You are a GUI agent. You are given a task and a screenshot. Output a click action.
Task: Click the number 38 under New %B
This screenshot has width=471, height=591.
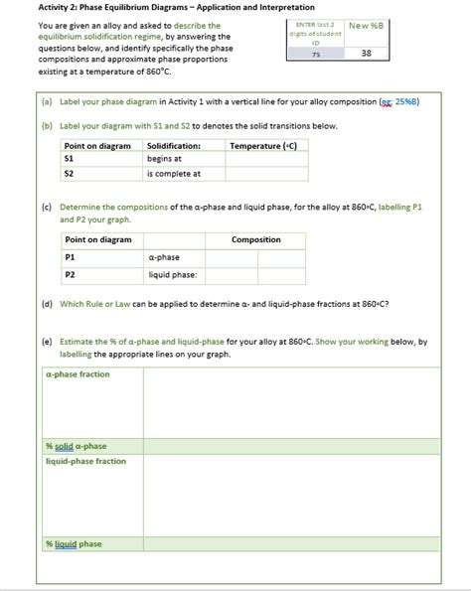367,55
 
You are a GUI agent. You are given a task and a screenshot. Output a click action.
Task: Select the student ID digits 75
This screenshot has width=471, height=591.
315,55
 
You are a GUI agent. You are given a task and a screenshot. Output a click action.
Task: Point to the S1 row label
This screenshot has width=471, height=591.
69,159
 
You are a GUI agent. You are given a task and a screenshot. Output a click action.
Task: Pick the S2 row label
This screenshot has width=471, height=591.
69,173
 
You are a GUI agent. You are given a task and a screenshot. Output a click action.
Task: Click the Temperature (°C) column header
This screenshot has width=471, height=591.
263,146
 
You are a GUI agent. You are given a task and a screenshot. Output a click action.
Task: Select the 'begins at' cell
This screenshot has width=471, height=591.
165,159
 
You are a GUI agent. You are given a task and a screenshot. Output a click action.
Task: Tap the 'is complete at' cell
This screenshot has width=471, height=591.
174,173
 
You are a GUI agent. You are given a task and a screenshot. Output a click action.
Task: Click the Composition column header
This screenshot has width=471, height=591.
256,239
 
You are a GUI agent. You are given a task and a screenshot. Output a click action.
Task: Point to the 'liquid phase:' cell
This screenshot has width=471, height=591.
173,274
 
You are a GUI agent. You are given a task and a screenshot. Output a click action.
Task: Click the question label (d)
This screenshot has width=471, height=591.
47,305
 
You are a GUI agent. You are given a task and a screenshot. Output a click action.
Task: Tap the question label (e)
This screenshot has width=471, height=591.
47,341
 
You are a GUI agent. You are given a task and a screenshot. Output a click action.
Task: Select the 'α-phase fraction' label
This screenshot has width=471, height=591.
78,374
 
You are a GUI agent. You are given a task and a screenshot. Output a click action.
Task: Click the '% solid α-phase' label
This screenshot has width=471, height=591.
77,446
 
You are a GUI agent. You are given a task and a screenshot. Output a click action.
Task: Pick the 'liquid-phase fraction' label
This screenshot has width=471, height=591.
85,461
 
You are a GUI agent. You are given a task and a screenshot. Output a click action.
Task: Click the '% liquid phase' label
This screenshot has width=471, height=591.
74,544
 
